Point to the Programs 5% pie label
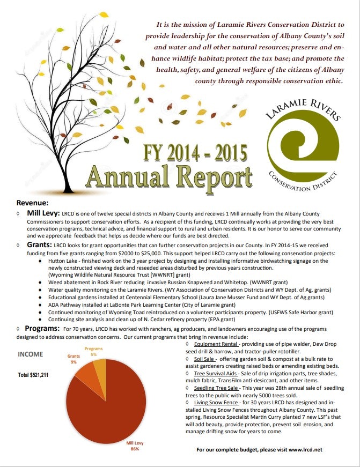coord(94,352)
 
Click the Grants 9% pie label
coord(74,359)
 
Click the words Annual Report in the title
coord(168,176)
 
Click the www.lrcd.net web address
coord(305,449)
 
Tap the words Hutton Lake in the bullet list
coord(63,261)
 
